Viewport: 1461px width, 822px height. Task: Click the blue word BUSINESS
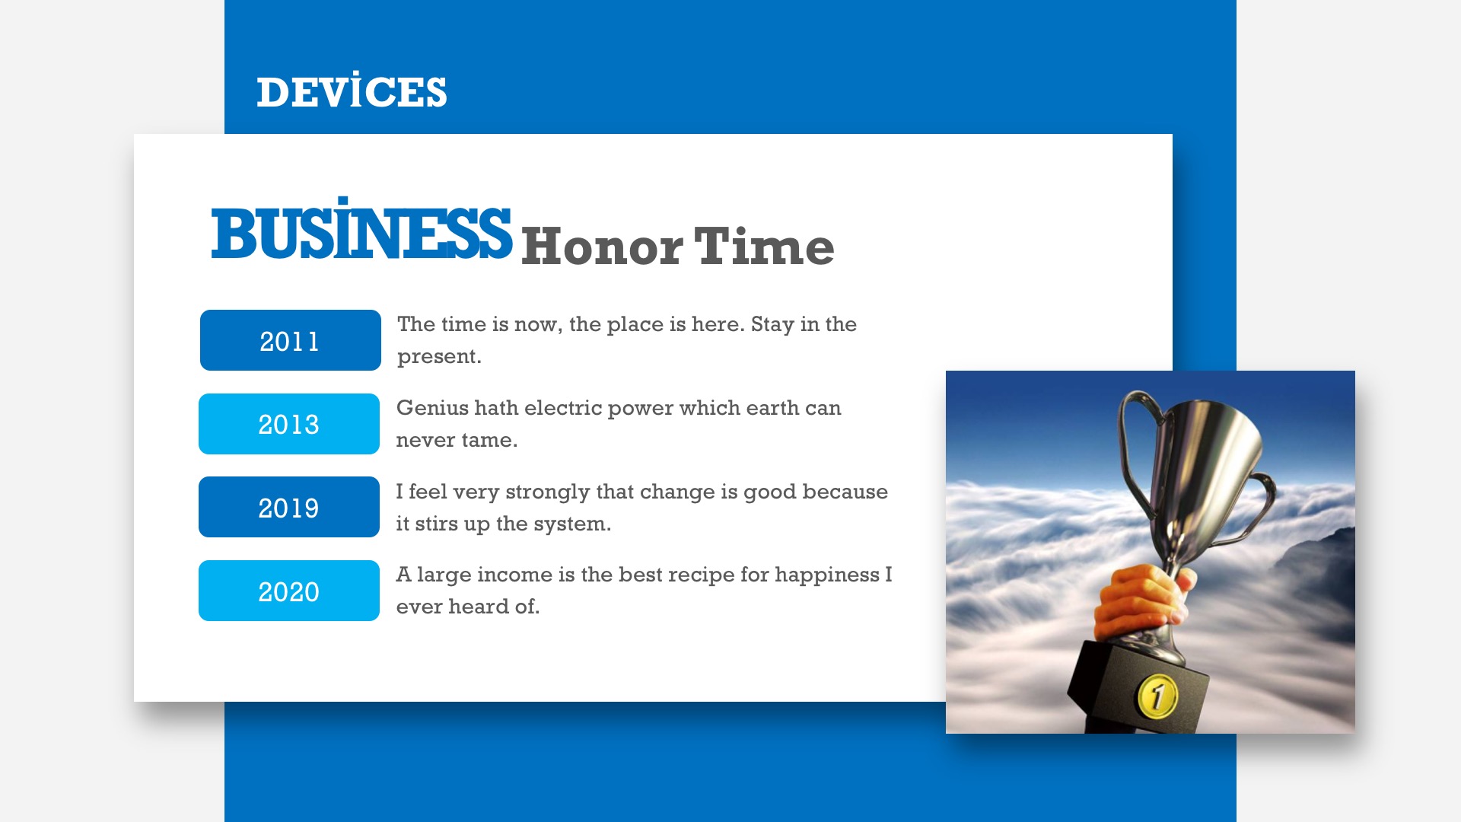361,228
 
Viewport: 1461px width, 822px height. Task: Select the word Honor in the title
602,247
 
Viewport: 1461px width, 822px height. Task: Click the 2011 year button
290,340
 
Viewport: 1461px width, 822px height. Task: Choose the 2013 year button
289,424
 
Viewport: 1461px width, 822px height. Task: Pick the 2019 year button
289,507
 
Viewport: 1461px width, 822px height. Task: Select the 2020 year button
289,591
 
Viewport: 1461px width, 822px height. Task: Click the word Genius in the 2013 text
432,408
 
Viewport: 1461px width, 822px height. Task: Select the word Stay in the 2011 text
772,325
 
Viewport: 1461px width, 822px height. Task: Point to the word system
572,524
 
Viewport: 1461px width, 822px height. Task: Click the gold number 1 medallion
1157,696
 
